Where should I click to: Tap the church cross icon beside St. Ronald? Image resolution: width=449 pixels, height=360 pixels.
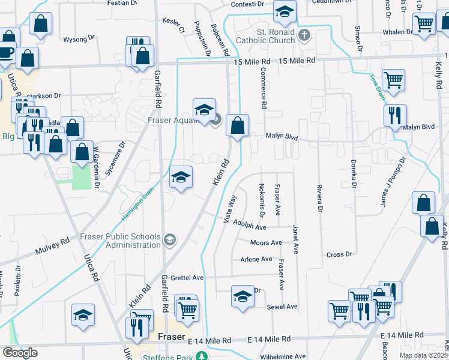pyautogui.click(x=304, y=35)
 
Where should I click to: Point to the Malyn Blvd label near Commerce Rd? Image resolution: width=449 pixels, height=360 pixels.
pyautogui.click(x=282, y=137)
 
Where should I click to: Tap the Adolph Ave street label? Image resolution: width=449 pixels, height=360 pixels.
pyautogui.click(x=250, y=228)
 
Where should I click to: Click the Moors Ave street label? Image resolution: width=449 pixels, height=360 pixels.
pyautogui.click(x=266, y=243)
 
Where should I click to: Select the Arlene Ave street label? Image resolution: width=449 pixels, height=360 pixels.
pyautogui.click(x=256, y=259)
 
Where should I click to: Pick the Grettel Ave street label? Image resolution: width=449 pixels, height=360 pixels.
pyautogui.click(x=187, y=278)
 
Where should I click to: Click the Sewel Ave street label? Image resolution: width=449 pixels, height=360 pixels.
pyautogui.click(x=282, y=307)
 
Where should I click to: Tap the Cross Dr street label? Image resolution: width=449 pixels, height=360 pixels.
pyautogui.click(x=339, y=254)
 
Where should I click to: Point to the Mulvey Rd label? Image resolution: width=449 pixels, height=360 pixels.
pyautogui.click(x=52, y=244)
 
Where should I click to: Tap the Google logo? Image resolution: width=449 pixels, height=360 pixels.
pyautogui.click(x=20, y=353)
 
